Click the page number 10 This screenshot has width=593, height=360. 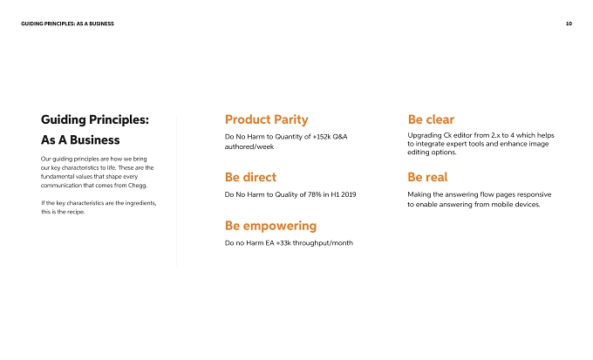(569, 24)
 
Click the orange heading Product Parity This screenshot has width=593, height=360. (267, 119)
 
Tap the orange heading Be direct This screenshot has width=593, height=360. (250, 177)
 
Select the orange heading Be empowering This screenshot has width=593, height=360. (271, 226)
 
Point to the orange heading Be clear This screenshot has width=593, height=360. (431, 119)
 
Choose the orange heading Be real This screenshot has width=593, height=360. (427, 177)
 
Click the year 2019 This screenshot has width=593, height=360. (348, 194)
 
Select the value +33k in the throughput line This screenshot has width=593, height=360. (283, 243)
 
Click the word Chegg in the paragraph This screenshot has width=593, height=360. (137, 186)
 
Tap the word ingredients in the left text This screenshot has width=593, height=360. (140, 203)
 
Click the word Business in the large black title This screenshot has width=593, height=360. (94, 140)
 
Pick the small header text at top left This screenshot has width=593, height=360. (67, 24)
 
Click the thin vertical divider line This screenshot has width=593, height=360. (177, 192)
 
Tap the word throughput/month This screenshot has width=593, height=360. (323, 243)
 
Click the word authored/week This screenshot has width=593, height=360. (249, 146)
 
